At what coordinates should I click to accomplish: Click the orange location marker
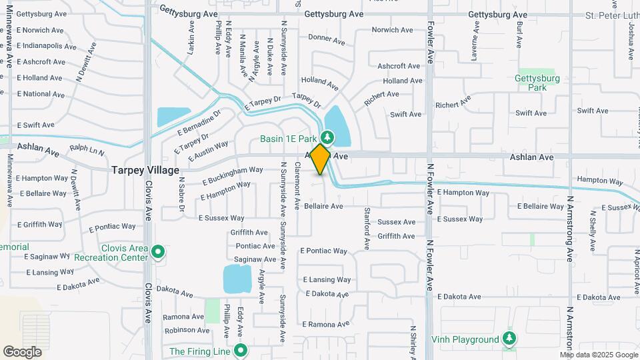coord(321,159)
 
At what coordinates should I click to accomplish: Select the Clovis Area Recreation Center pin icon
coord(158,252)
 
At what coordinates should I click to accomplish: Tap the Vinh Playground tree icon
coord(509,339)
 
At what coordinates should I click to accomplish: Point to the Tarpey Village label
coord(145,170)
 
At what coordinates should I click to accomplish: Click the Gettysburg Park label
coord(536,82)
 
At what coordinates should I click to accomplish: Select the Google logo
coord(22,351)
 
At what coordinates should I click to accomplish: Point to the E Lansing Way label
coord(327,280)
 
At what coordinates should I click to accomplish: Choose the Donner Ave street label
coord(327,39)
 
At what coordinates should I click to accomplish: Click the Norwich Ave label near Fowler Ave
coord(393,30)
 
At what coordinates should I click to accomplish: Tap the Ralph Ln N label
coord(87,151)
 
